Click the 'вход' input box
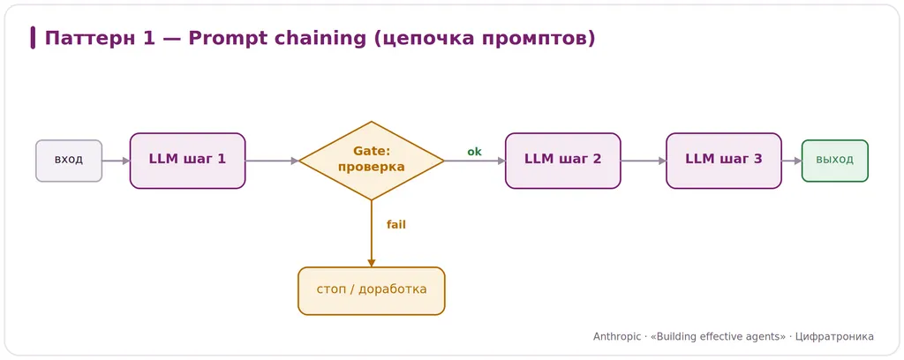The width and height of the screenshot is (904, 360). point(69,161)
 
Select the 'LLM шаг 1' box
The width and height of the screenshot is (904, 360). point(187,161)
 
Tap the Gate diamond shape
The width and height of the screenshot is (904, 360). point(372,161)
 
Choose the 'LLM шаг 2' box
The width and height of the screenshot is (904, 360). point(562,161)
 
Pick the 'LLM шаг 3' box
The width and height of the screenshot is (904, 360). point(724,161)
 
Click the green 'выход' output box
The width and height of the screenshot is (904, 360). point(835,161)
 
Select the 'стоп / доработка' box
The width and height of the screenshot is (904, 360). point(372,291)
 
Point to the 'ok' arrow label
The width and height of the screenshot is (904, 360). point(474,152)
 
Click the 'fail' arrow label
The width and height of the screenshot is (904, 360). point(396,225)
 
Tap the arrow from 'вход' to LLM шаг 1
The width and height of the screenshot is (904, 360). point(116,161)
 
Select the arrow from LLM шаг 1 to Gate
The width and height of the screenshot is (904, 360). point(272,161)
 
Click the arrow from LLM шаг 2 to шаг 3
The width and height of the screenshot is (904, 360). point(644,161)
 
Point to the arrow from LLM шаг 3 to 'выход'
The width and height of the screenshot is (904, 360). point(792,161)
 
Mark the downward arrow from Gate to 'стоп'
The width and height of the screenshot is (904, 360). point(372,233)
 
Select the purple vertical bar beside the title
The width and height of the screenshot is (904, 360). point(33,38)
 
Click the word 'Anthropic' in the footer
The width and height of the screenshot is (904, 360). point(616,337)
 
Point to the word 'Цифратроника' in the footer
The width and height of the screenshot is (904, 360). point(834,337)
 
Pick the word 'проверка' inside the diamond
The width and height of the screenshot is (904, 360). point(372,168)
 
